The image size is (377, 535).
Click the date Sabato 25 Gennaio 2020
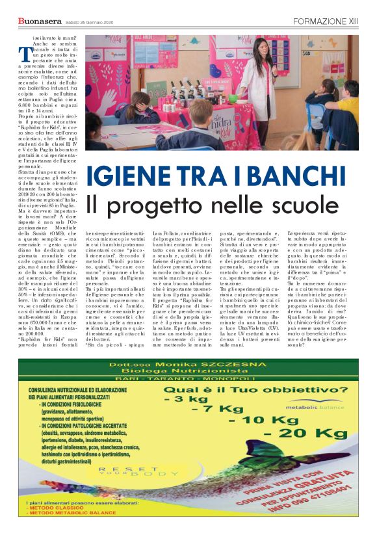[89, 23]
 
